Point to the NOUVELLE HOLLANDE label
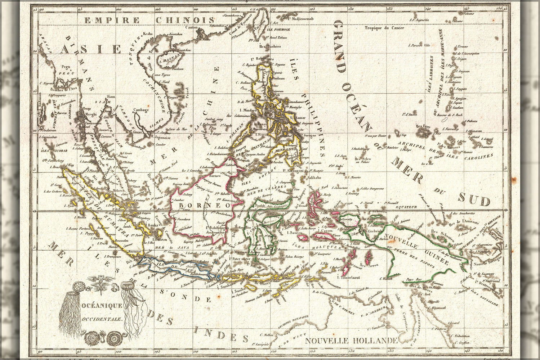pos(351,341)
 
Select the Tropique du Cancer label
pos(384,28)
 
